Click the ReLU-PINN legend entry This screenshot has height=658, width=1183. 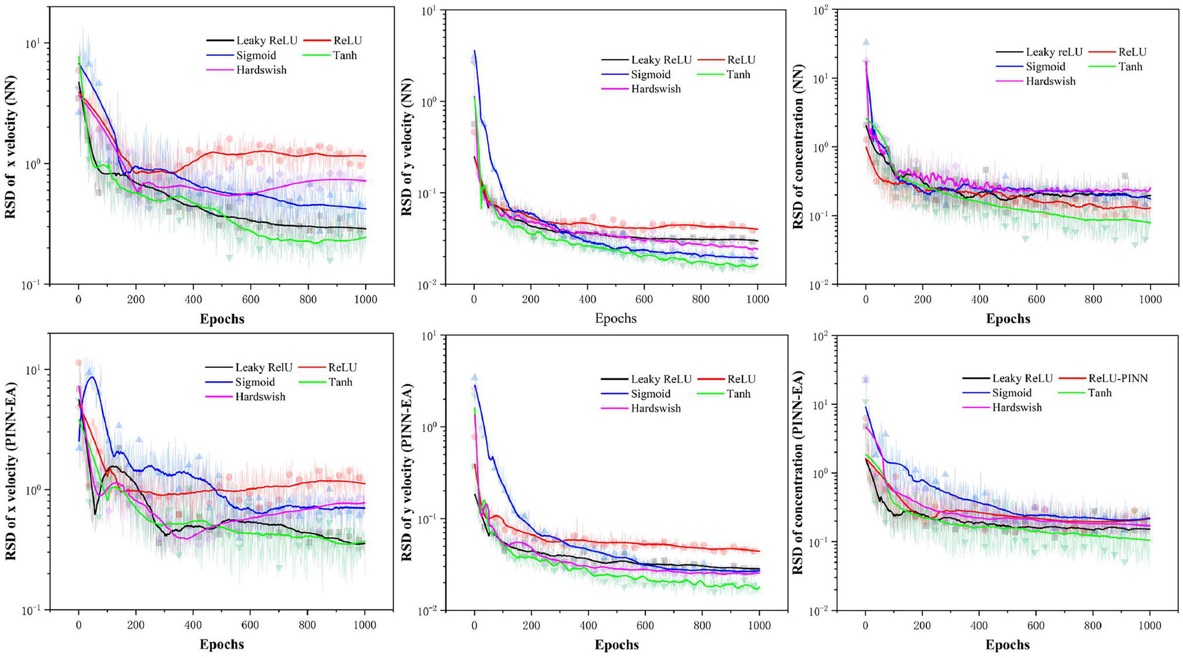[1117, 378]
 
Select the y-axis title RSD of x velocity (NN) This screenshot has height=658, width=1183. [10, 147]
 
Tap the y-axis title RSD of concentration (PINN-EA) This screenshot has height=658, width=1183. [799, 473]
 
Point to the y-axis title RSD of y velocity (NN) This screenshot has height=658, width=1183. [406, 147]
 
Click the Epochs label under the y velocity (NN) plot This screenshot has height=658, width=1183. [615, 318]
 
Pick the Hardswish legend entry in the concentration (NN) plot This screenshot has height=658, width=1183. [1050, 81]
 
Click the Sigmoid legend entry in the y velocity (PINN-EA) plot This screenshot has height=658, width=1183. [650, 394]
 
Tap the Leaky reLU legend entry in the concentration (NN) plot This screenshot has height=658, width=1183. [1054, 52]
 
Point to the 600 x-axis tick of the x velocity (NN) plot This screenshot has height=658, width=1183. [251, 299]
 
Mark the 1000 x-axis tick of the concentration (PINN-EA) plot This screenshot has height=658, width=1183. [1150, 626]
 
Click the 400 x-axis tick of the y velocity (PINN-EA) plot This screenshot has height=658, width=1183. [588, 626]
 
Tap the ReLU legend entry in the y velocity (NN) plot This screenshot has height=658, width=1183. [741, 60]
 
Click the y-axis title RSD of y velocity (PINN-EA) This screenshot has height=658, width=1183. [406, 473]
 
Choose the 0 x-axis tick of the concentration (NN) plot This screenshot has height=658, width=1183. [866, 299]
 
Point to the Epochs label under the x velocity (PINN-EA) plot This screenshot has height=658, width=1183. [222, 644]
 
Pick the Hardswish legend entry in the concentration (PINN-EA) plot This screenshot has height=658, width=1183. [1016, 407]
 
